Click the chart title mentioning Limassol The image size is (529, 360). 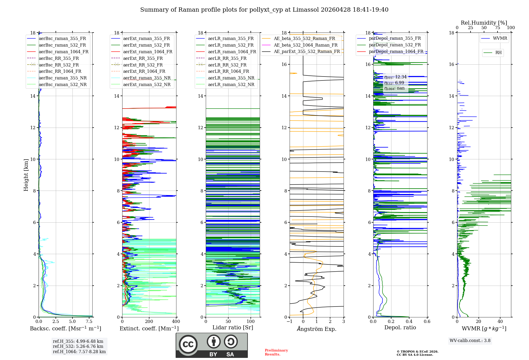pos(264,10)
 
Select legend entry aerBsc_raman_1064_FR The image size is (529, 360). pos(63,52)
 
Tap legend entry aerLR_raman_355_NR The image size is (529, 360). pos(231,78)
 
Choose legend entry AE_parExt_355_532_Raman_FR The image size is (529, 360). pos(307,51)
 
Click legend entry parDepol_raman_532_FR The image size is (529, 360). pos(395,45)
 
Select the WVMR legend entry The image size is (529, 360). pos(500,38)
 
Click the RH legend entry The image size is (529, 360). pos(498,53)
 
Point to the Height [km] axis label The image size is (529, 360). pos(26,175)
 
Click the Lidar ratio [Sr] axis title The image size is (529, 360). pos(233,327)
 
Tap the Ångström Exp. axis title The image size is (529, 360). pos(317,329)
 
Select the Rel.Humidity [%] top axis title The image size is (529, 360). pos(484,23)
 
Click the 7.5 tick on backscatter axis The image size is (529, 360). pos(89,322)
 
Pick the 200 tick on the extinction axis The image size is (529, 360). pos(149,322)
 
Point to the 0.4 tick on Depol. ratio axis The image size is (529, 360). pos(409,322)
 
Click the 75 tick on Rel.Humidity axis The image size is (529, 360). pos(497,28)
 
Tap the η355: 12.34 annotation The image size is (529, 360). pos(395,77)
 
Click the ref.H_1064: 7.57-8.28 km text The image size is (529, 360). pos(79,352)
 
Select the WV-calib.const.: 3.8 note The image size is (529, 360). pos(470,340)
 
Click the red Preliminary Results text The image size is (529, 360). pos(276,352)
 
